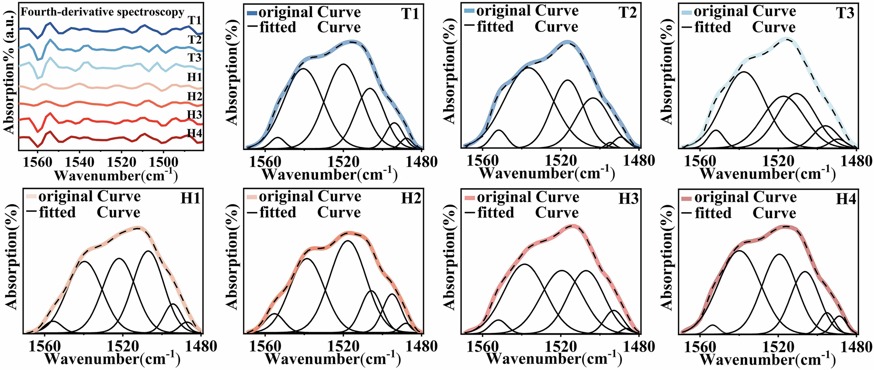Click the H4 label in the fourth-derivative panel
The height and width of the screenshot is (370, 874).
click(x=195, y=133)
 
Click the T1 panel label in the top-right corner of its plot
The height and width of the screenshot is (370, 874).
click(x=409, y=14)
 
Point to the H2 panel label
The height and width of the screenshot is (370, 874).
click(x=410, y=199)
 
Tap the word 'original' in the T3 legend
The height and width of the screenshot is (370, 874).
click(x=721, y=11)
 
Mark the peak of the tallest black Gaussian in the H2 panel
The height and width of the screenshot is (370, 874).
click(x=348, y=241)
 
